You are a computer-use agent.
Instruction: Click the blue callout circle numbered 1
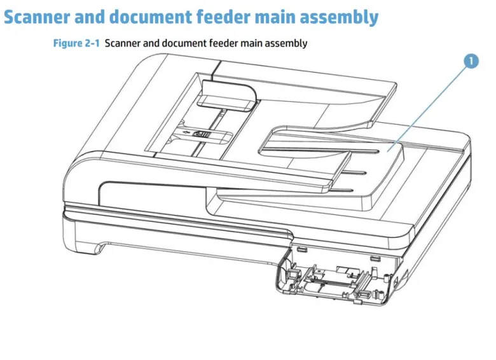click(471, 61)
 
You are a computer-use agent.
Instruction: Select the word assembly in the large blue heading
click(339, 18)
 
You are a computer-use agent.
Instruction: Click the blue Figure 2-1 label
click(76, 43)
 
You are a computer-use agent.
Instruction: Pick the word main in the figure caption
click(251, 43)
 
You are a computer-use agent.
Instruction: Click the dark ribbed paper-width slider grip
click(202, 134)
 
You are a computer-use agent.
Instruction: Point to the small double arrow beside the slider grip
click(186, 132)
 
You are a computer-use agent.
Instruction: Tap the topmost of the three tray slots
click(364, 150)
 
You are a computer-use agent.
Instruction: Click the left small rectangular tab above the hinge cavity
click(302, 249)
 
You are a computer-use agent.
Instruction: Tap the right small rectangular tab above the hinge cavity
click(375, 259)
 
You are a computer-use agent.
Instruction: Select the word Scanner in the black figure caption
click(123, 43)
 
